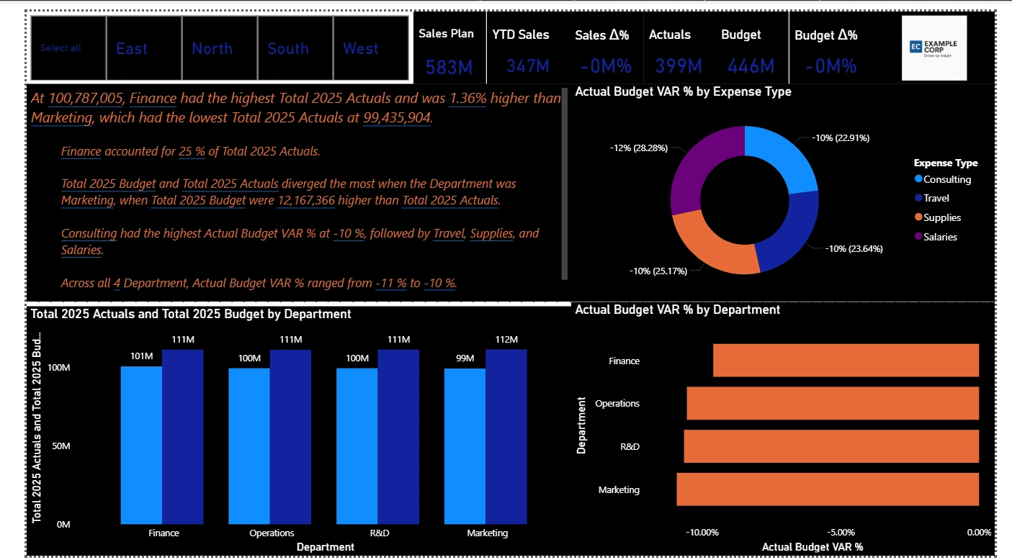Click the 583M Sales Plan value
tap(449, 67)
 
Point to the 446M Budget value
tap(751, 66)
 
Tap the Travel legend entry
tap(936, 198)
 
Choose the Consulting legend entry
tap(946, 179)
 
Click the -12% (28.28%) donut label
tap(638, 148)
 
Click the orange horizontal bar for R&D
tap(831, 446)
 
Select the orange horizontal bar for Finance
tap(846, 360)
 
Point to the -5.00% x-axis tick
tap(841, 533)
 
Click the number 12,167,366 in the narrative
tap(306, 200)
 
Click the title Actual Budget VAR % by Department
tap(677, 310)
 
